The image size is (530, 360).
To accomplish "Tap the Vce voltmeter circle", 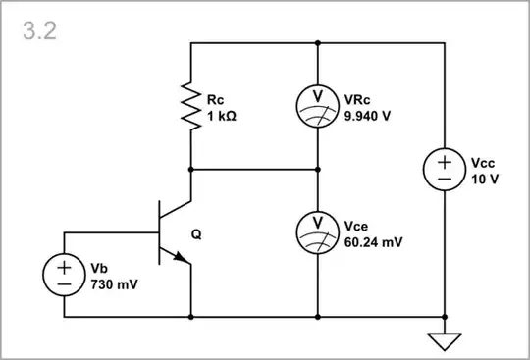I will (x=318, y=231).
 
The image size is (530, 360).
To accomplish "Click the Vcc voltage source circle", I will (x=445, y=170).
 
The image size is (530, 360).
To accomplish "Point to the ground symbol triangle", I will (x=445, y=340).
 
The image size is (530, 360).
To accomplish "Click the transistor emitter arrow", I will (x=182, y=257).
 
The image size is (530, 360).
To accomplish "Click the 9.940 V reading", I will (x=368, y=115).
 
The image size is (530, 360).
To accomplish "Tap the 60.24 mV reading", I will (x=373, y=240).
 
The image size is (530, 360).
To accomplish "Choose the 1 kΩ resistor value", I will (x=222, y=115).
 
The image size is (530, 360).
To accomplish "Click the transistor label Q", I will (x=196, y=235).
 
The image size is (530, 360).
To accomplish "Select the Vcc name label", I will (x=482, y=163).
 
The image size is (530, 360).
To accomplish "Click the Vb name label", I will (x=98, y=269).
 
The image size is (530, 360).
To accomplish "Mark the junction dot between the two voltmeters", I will (x=318, y=169).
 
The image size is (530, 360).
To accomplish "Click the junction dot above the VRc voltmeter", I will (x=318, y=43).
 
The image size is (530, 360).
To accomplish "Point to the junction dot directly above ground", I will (x=445, y=317).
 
